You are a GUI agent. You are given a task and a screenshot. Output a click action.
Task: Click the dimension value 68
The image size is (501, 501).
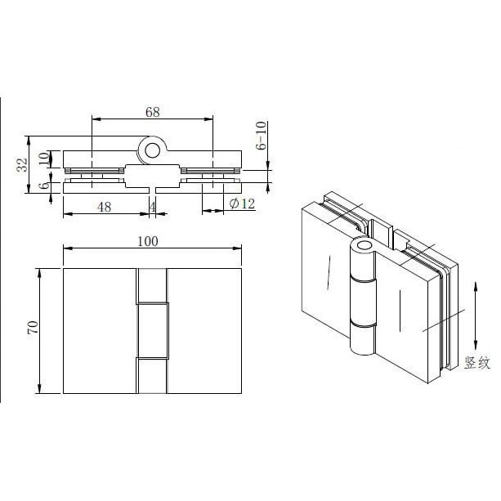coord(152,112)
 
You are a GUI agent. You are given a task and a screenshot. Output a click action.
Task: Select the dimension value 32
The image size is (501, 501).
coord(22,165)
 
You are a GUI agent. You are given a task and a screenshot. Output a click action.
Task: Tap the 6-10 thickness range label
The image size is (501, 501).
coord(261,136)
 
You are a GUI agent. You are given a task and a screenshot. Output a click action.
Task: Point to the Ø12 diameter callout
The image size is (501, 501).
coord(243,204)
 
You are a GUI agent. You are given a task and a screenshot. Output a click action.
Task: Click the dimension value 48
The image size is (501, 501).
coord(104,207)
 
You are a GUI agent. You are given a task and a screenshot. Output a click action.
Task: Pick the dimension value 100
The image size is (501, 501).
coord(148,242)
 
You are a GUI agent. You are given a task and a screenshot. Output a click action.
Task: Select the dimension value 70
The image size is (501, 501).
coord(33,328)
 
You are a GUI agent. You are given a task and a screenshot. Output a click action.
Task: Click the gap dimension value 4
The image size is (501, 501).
coord(152,207)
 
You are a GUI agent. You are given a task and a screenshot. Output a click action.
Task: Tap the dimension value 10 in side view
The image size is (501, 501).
coord(44,159)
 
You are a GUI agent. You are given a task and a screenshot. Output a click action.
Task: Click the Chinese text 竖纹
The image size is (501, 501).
coord(477,363)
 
